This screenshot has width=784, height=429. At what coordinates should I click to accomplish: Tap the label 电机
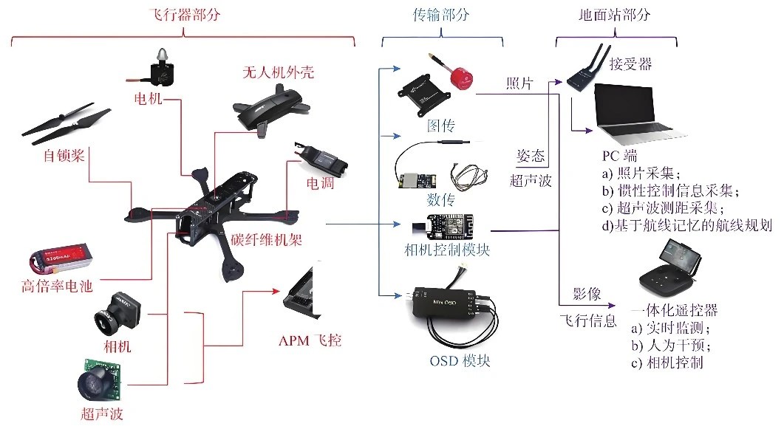[148, 98]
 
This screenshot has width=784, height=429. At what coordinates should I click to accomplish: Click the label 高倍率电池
[58, 287]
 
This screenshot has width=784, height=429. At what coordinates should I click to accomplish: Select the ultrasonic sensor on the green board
[100, 377]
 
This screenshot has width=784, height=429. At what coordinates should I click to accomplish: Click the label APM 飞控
[310, 341]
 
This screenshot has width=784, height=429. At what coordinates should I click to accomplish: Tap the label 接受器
[630, 64]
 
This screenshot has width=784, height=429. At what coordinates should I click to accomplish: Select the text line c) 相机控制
[667, 363]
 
